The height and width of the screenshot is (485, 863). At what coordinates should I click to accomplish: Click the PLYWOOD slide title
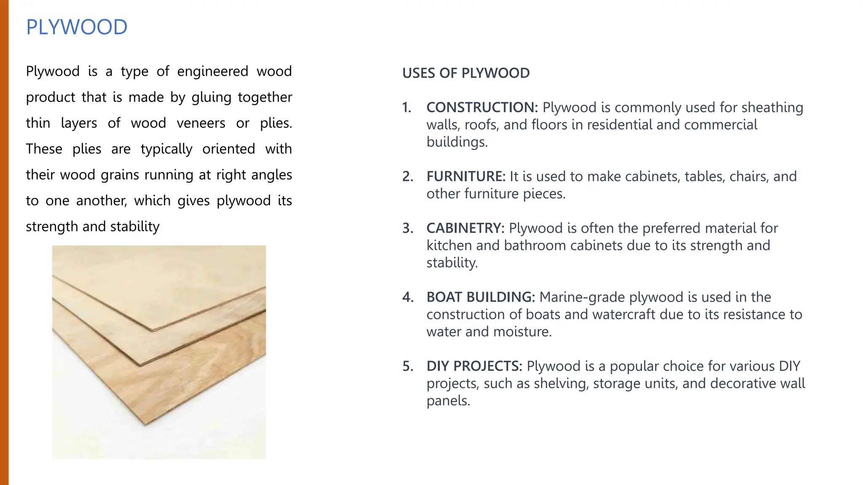(x=77, y=27)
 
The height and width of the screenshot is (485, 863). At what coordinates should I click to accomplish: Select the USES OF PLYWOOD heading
(x=466, y=73)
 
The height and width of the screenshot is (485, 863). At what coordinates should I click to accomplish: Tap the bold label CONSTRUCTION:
(x=482, y=107)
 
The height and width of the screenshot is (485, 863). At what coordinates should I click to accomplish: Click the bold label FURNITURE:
(x=466, y=176)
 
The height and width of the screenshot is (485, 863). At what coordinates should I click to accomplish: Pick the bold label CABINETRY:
(x=465, y=228)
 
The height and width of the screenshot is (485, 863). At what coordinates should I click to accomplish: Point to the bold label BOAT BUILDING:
(x=480, y=297)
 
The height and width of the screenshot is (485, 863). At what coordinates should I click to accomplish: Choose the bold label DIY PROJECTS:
(x=474, y=366)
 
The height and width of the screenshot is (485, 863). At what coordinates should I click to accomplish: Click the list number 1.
(x=407, y=108)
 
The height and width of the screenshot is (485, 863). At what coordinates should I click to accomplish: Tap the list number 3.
(x=407, y=229)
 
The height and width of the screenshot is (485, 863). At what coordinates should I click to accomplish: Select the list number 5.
(x=407, y=367)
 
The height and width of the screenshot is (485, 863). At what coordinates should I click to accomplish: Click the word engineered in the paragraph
(x=212, y=72)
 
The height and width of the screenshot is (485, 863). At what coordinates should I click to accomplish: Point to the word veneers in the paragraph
(x=201, y=123)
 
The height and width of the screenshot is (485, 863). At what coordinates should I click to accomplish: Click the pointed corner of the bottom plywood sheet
(x=146, y=423)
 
